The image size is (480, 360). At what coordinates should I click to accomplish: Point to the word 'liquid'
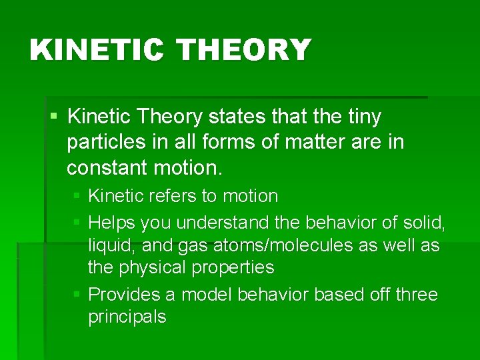click(x=111, y=245)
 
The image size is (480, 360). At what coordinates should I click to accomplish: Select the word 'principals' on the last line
click(x=127, y=317)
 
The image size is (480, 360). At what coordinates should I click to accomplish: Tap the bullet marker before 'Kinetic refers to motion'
click(x=77, y=196)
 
